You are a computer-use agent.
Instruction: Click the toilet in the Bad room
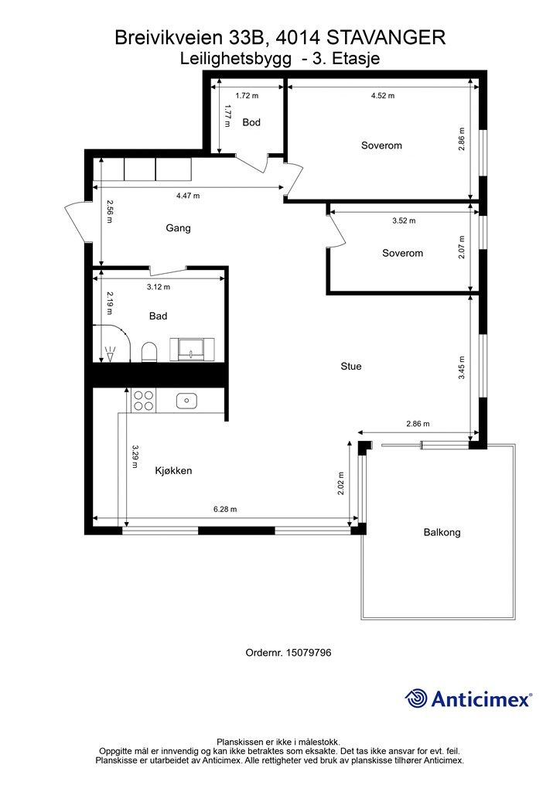(x=149, y=352)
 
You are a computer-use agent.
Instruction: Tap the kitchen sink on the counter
(x=186, y=401)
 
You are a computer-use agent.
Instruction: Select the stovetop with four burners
(x=143, y=400)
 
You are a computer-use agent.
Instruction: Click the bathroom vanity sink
(x=192, y=350)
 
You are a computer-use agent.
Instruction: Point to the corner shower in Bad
(x=112, y=343)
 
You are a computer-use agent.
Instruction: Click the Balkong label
(x=442, y=532)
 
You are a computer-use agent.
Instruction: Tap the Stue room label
(x=351, y=366)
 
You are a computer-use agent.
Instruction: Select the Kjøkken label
(x=173, y=471)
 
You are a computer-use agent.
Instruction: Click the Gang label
(x=178, y=228)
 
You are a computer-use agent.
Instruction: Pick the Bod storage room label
(x=251, y=122)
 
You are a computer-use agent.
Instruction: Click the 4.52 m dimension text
(x=383, y=95)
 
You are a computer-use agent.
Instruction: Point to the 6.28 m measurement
(x=225, y=509)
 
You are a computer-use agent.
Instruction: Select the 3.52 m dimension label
(x=404, y=220)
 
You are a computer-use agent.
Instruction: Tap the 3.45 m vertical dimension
(x=462, y=367)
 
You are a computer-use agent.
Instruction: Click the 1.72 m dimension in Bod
(x=247, y=95)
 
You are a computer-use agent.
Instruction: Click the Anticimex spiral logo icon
(x=416, y=698)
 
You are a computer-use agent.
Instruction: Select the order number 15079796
(x=309, y=653)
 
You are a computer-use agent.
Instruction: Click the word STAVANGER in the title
(x=386, y=37)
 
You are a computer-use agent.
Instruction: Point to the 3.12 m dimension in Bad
(x=159, y=287)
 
